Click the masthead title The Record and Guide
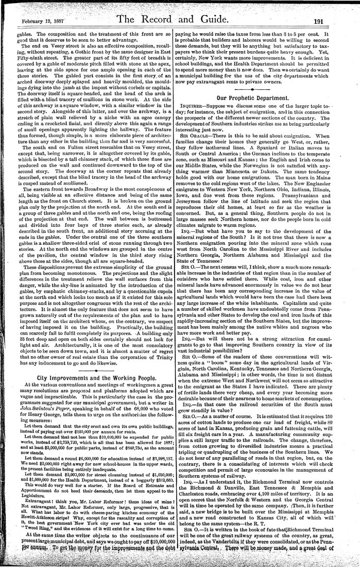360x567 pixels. tap(179, 20)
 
